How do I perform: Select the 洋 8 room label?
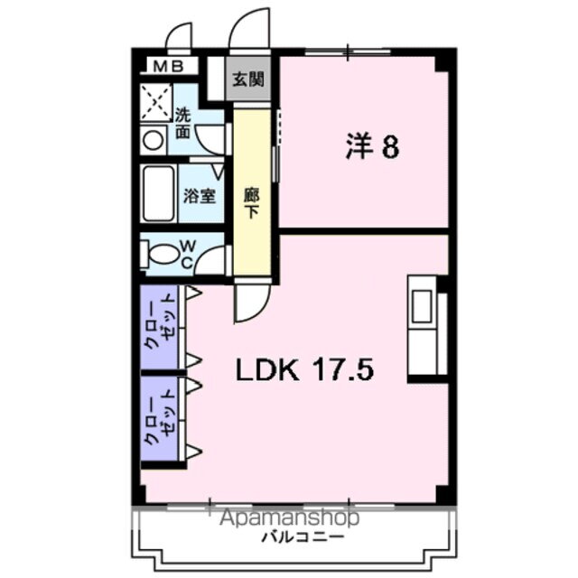[x=372, y=146]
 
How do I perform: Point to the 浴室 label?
[x=200, y=195]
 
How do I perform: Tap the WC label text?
[x=185, y=253]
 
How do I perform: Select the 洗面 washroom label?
[x=183, y=124]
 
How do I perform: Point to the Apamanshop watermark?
[x=287, y=518]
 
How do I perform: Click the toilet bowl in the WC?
[x=163, y=254]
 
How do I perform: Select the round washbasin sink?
[x=154, y=140]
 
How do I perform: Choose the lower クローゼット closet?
[x=163, y=420]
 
